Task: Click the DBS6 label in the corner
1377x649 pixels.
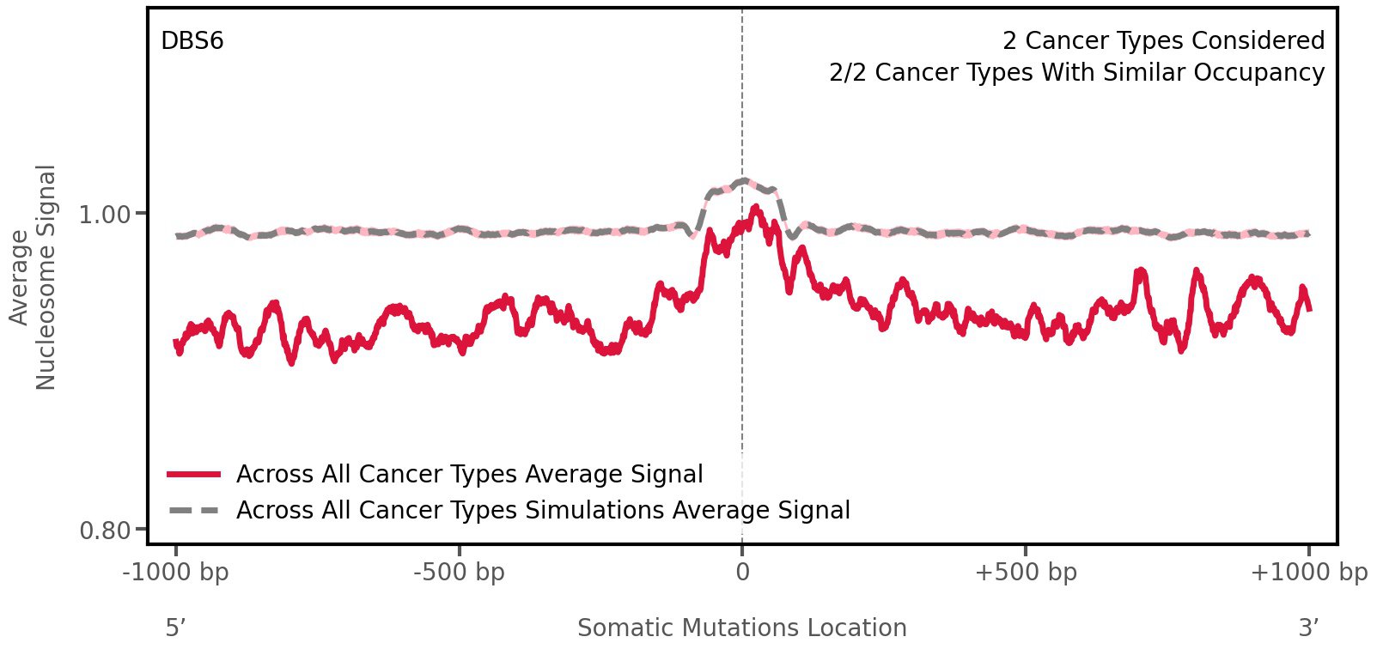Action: pyautogui.click(x=192, y=41)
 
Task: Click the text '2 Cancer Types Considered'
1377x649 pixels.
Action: pyautogui.click(x=1163, y=41)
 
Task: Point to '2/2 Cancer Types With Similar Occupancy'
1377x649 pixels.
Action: pyautogui.click(x=1076, y=73)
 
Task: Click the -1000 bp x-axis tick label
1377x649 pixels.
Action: pyautogui.click(x=176, y=573)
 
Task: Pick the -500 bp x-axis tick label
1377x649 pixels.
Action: pyautogui.click(x=459, y=573)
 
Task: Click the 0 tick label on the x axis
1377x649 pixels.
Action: pyautogui.click(x=742, y=573)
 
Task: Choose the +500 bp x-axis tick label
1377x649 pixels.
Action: pyautogui.click(x=1025, y=573)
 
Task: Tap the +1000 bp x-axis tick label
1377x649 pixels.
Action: pyautogui.click(x=1308, y=573)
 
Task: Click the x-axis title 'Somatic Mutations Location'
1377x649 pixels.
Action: pyautogui.click(x=741, y=628)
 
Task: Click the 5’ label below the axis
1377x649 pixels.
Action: pyautogui.click(x=175, y=628)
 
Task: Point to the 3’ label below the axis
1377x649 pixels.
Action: pyautogui.click(x=1308, y=628)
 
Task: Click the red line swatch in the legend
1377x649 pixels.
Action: pyautogui.click(x=194, y=474)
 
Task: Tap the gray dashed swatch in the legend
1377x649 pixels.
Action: pyautogui.click(x=194, y=511)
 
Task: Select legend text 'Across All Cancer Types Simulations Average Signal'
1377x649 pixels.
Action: pyautogui.click(x=543, y=511)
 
